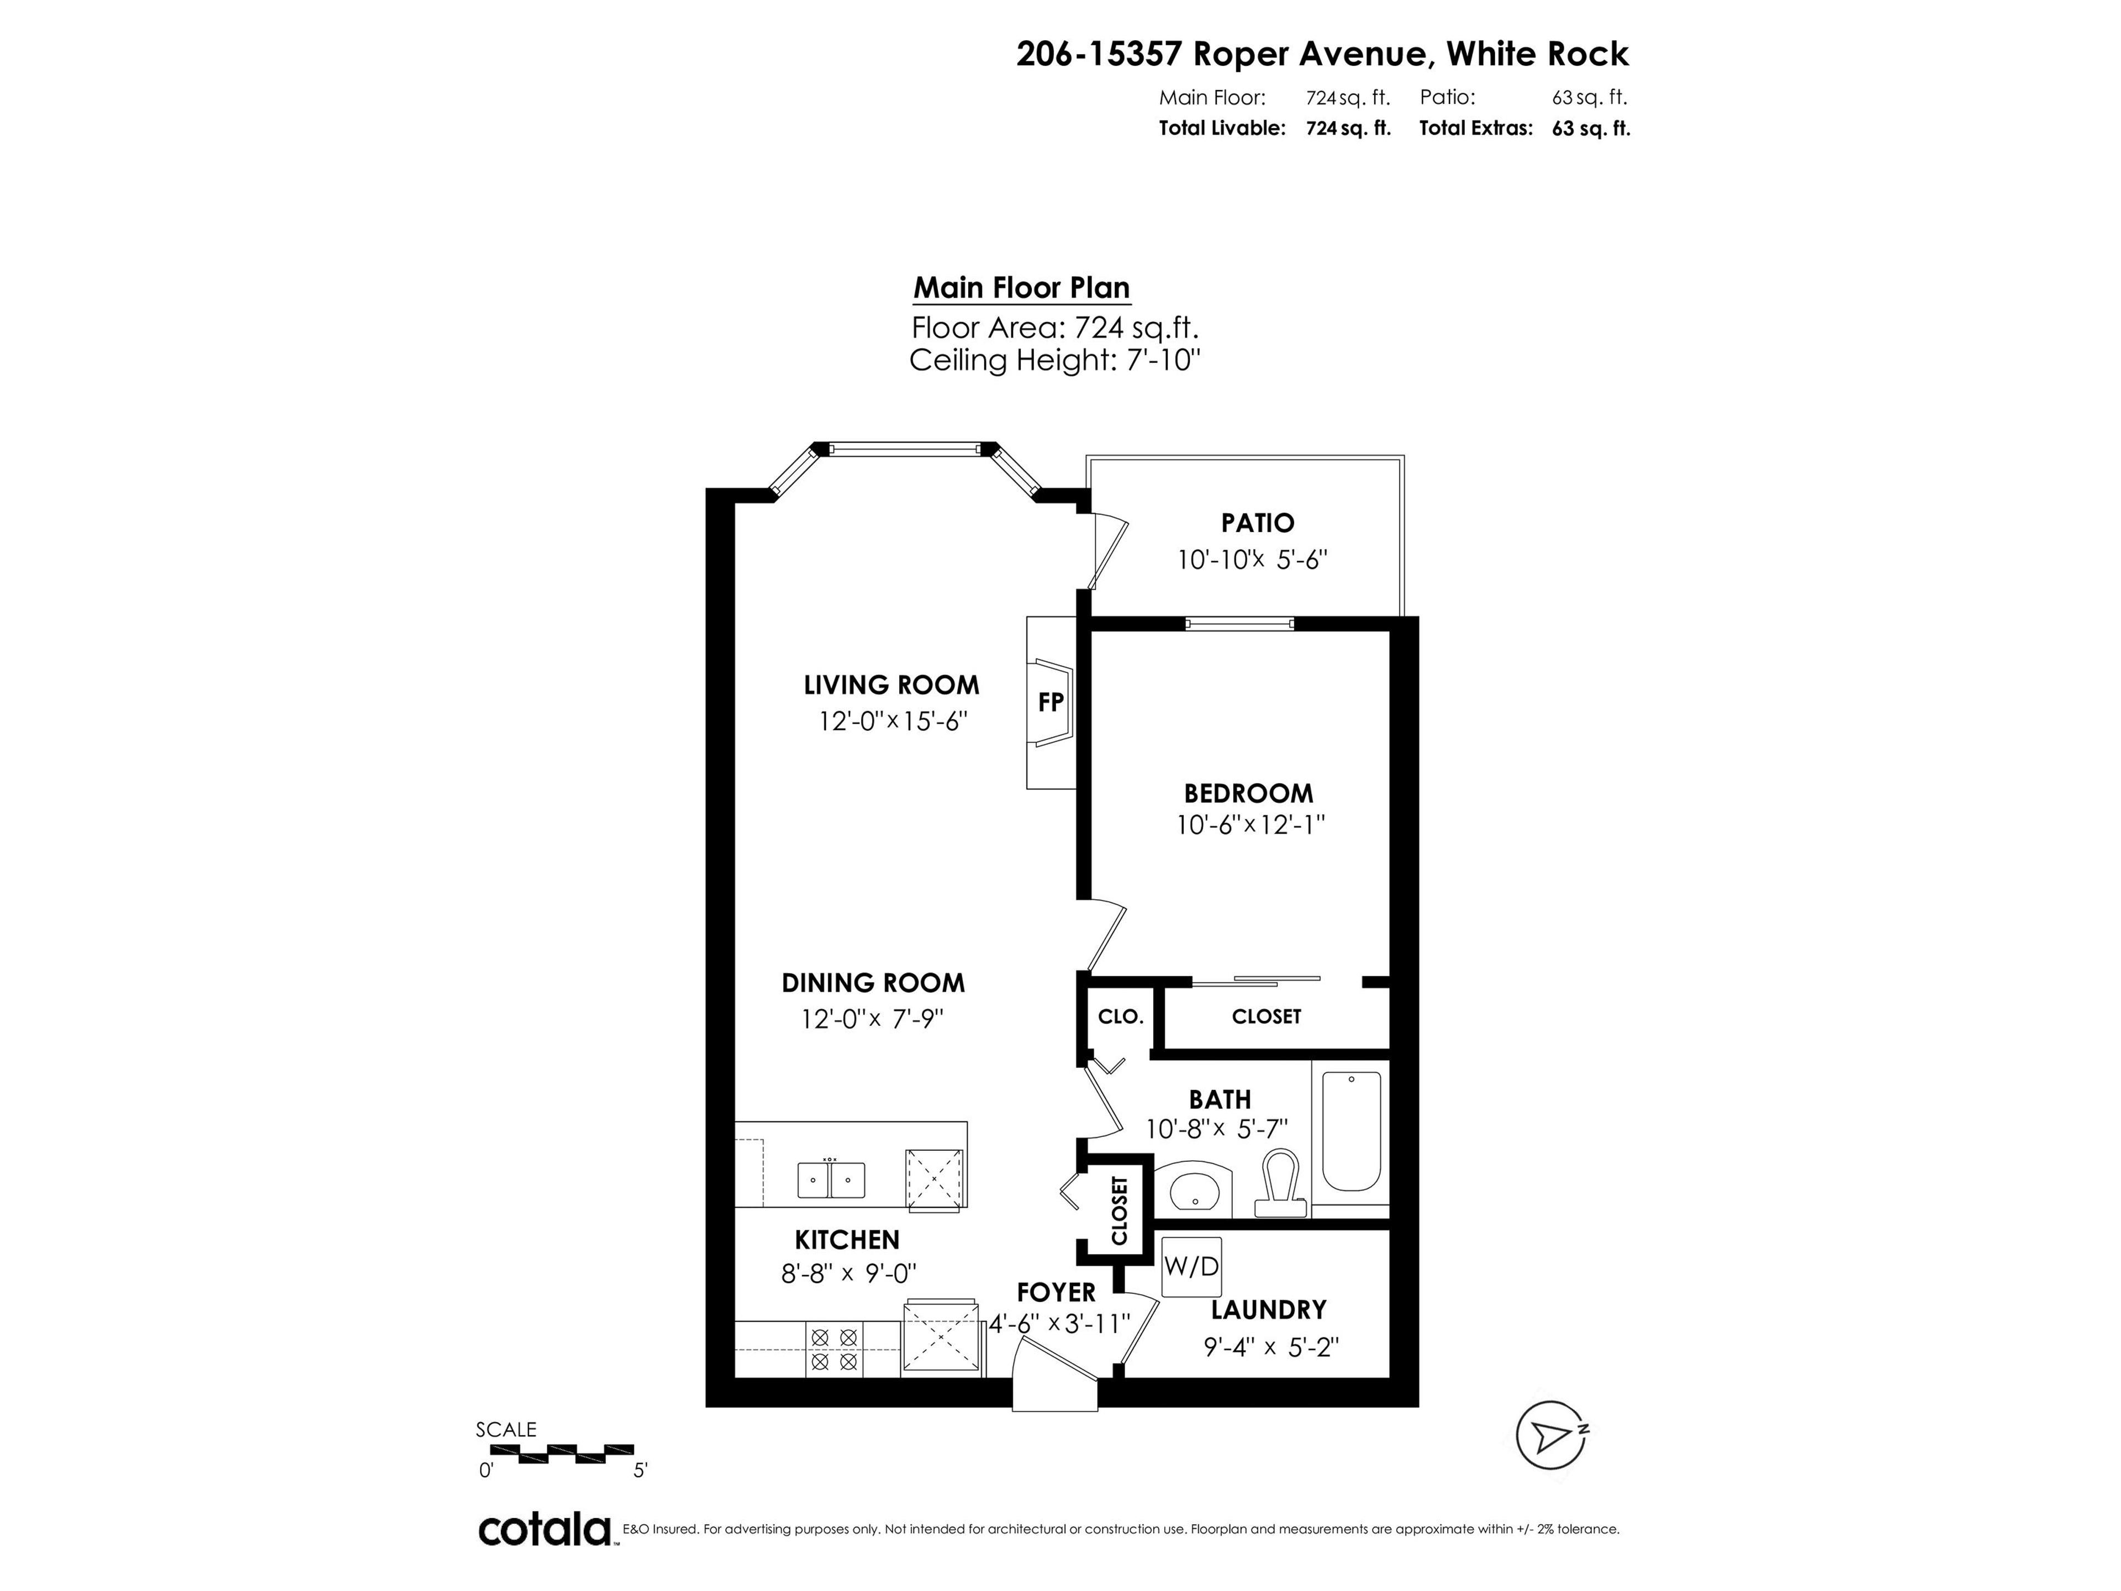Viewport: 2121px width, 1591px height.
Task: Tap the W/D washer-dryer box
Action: pyautogui.click(x=1191, y=1266)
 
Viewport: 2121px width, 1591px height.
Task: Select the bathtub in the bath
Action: pyautogui.click(x=1351, y=1131)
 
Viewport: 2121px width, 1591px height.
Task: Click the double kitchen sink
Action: pyautogui.click(x=830, y=1179)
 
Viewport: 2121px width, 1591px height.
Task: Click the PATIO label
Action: pyautogui.click(x=1257, y=524)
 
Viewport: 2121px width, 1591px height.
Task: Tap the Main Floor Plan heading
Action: pyautogui.click(x=1021, y=288)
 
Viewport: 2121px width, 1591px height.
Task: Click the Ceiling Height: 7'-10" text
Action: pyautogui.click(x=1055, y=361)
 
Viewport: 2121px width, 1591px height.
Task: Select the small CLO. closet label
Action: pyautogui.click(x=1120, y=1016)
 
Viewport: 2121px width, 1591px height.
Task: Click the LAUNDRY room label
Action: pyautogui.click(x=1268, y=1310)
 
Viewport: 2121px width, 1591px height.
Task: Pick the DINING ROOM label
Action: pyautogui.click(x=873, y=983)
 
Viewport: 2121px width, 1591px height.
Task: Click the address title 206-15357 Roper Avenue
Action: pyautogui.click(x=1321, y=54)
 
